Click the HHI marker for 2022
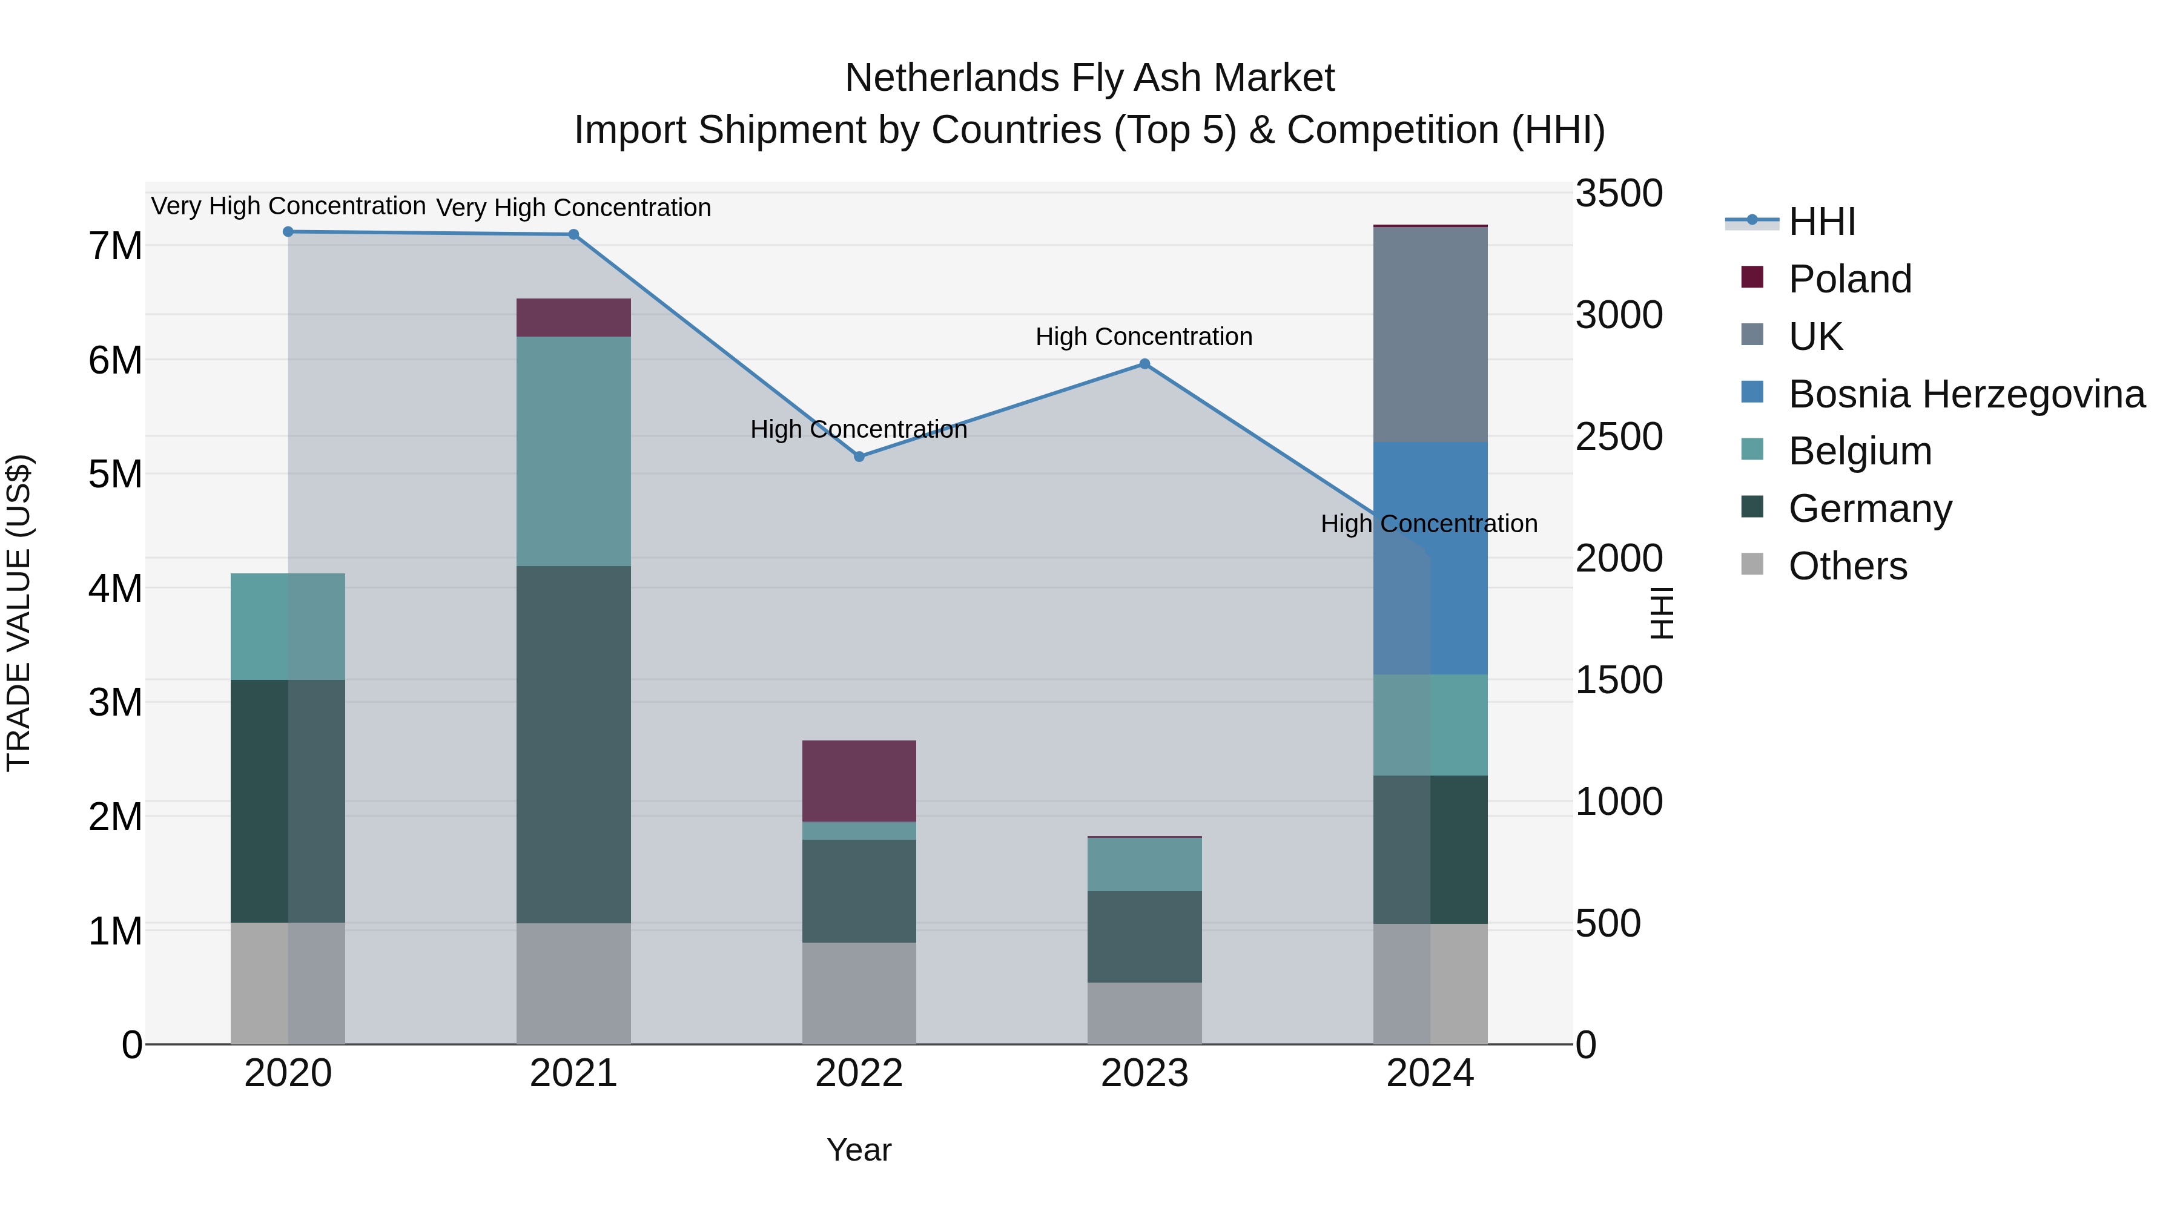[x=859, y=456]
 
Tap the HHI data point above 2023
[x=1144, y=364]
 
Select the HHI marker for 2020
[x=288, y=232]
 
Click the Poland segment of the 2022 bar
[x=859, y=781]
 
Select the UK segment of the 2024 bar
[x=1430, y=334]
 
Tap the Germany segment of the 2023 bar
[x=1144, y=937]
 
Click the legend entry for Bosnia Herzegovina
[x=1966, y=394]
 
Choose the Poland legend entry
[x=1849, y=279]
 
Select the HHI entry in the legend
[x=1821, y=222]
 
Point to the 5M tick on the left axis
[x=116, y=475]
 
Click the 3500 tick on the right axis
[x=1618, y=194]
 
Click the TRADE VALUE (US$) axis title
[x=19, y=613]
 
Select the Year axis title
[x=858, y=1150]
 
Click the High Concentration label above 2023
[x=1143, y=337]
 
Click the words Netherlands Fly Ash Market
[x=1089, y=78]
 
